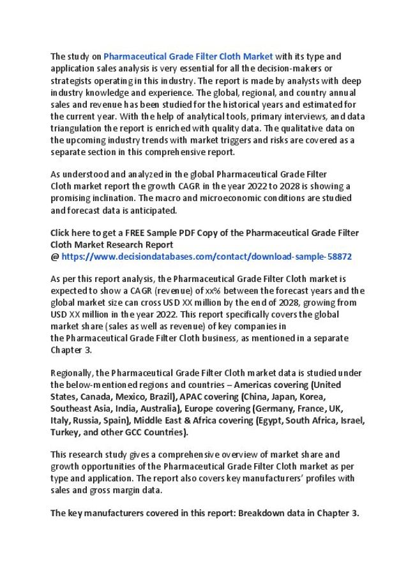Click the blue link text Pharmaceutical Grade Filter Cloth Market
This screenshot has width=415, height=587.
[188, 56]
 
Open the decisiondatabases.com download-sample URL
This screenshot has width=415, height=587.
[207, 256]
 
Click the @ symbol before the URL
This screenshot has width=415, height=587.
[54, 256]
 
